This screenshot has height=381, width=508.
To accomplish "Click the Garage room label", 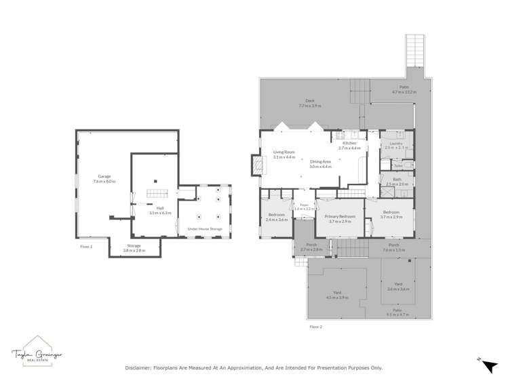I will point(104,179).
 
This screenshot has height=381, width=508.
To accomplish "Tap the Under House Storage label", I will point(205,229).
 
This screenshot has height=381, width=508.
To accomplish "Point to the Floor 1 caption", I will point(86,247).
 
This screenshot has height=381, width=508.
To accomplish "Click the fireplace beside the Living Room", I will point(256,165).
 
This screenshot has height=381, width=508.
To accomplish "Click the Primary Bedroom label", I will point(339,218).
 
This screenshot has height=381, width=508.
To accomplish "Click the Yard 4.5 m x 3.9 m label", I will point(336,294).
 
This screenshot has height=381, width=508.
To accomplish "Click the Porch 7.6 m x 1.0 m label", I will point(393,247).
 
